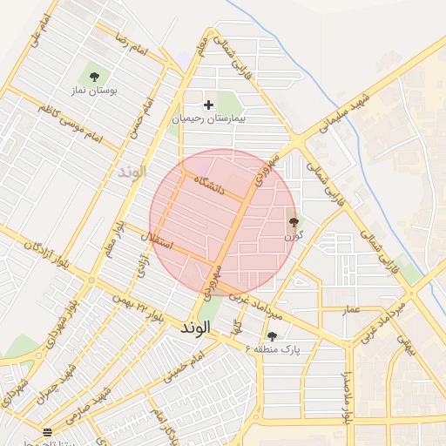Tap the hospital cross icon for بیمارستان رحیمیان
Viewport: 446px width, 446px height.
208,105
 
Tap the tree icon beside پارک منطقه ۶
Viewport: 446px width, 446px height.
272,336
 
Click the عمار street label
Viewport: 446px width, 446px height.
350,310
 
